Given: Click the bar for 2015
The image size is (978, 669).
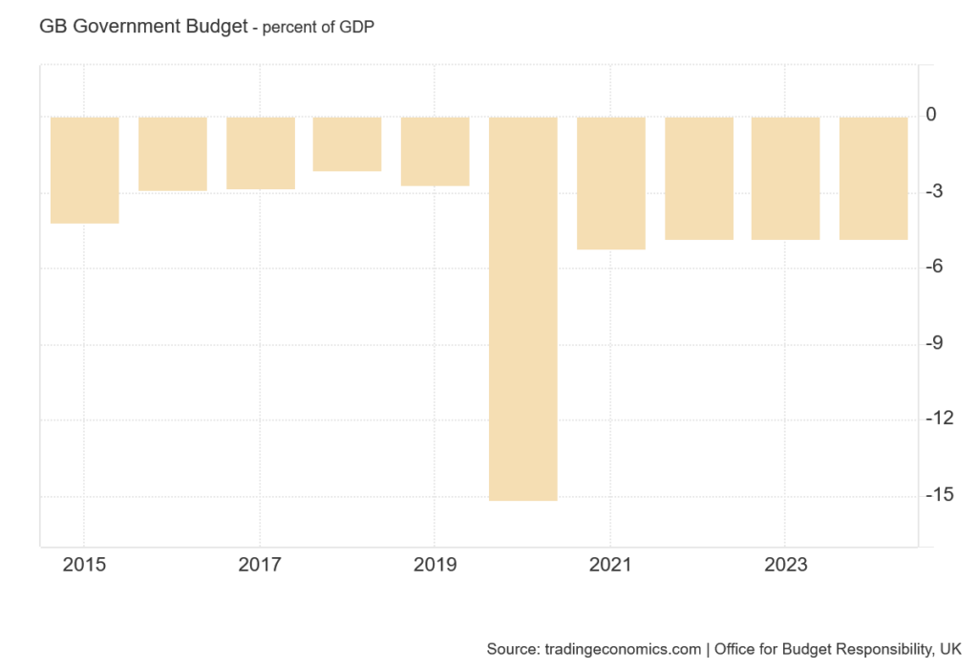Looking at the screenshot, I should point(84,170).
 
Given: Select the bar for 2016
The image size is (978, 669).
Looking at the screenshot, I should point(172,154).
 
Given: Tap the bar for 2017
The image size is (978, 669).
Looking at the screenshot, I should point(260,153).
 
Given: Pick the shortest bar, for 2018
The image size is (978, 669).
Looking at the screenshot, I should point(347,144).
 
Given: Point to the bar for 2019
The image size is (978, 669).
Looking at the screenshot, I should point(435,151).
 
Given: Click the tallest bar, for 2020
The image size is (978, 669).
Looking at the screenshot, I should point(522,308).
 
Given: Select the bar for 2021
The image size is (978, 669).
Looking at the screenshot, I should point(610,183).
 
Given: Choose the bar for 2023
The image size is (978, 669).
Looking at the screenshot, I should point(785,178).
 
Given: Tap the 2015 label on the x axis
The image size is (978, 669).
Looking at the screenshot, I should point(84,565).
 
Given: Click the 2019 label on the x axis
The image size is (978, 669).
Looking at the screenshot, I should point(435,565).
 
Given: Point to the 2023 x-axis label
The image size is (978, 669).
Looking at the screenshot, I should point(785,565).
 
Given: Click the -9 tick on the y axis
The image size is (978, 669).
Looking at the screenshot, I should point(934,343).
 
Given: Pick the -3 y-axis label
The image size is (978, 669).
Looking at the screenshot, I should point(934,191).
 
